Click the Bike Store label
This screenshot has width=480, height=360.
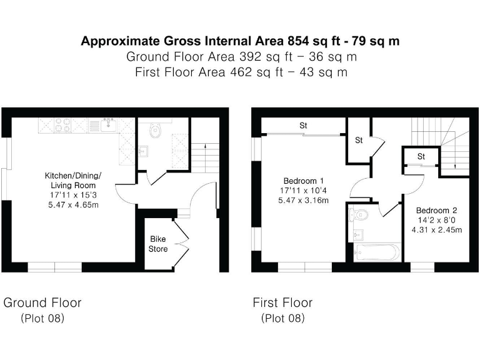[158, 244]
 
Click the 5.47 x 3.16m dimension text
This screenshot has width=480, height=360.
[303, 200]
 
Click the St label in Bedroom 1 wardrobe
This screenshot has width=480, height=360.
[303, 126]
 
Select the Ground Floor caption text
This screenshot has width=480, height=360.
[42, 303]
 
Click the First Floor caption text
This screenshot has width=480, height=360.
[282, 303]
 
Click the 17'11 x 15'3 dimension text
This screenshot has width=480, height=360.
[72, 195]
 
